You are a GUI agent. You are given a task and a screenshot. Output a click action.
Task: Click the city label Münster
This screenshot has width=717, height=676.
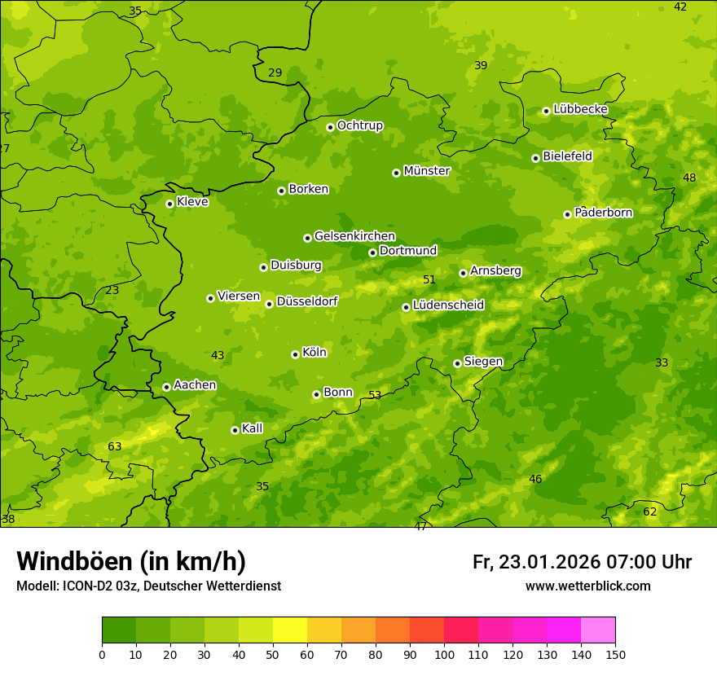[x=426, y=171]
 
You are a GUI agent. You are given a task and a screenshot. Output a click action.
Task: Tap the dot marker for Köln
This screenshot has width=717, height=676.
[x=295, y=354]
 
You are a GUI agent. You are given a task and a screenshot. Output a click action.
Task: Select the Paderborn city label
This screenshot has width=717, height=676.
[x=603, y=213]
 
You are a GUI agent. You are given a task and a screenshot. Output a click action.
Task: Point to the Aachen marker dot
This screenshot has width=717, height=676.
[x=166, y=387]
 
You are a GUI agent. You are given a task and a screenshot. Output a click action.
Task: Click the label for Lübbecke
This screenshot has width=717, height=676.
[x=580, y=109]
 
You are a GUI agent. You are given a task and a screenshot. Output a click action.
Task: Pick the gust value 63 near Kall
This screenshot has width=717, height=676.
[x=115, y=446]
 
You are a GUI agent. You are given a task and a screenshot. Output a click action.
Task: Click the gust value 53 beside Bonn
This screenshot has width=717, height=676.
[x=375, y=395]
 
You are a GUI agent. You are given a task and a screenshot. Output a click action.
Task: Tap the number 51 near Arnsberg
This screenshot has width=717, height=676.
[x=429, y=279]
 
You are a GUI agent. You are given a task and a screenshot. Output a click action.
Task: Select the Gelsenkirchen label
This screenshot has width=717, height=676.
[x=354, y=236]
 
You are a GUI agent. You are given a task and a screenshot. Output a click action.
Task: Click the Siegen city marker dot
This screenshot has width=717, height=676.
[x=457, y=363]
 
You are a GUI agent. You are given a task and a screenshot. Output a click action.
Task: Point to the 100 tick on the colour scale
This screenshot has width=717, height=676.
[x=444, y=654]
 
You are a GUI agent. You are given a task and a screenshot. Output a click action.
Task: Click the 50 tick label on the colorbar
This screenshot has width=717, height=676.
[x=273, y=654]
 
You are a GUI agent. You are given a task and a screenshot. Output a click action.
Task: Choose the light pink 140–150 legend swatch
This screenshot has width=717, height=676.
[x=598, y=630]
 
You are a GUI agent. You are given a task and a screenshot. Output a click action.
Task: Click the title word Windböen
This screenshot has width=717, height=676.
[x=75, y=562]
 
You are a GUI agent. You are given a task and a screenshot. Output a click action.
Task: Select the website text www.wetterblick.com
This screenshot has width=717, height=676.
[x=587, y=586]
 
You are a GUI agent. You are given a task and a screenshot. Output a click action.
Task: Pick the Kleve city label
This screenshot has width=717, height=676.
[x=192, y=202]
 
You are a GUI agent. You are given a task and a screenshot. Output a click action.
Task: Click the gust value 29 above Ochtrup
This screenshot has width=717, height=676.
[x=275, y=72]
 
